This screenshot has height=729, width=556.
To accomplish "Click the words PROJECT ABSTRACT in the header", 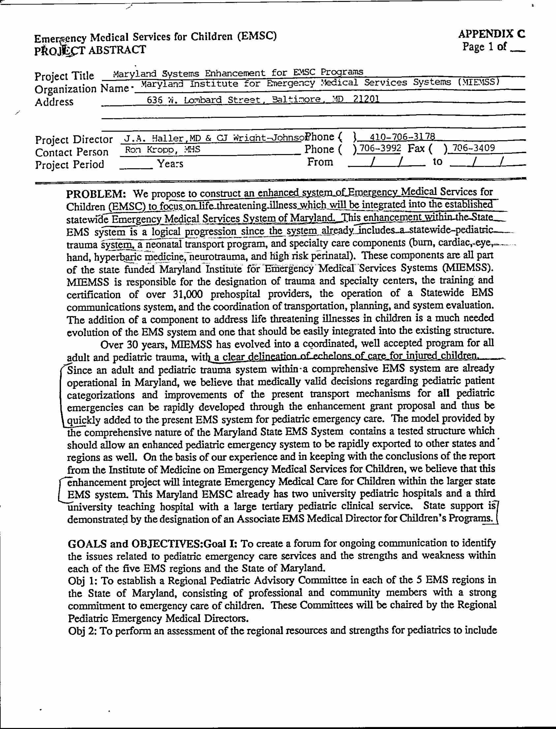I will tap(90, 50).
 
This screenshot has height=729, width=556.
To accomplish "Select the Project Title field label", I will tap(64, 76).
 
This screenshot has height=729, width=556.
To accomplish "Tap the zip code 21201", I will tap(366, 99).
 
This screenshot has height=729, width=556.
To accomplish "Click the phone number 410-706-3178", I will tap(402, 137).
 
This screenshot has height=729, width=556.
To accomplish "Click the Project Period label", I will tap(69, 164).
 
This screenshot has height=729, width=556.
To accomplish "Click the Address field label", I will tap(54, 102).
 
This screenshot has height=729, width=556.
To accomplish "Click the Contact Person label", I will tap(72, 152).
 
